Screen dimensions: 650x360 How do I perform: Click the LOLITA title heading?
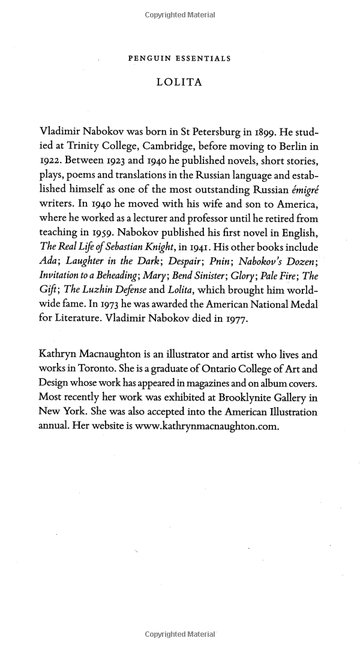tap(179, 83)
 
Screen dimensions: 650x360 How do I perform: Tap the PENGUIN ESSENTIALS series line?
tap(179, 59)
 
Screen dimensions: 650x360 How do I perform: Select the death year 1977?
tap(236, 319)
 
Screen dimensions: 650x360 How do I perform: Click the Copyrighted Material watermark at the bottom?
tap(179, 634)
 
